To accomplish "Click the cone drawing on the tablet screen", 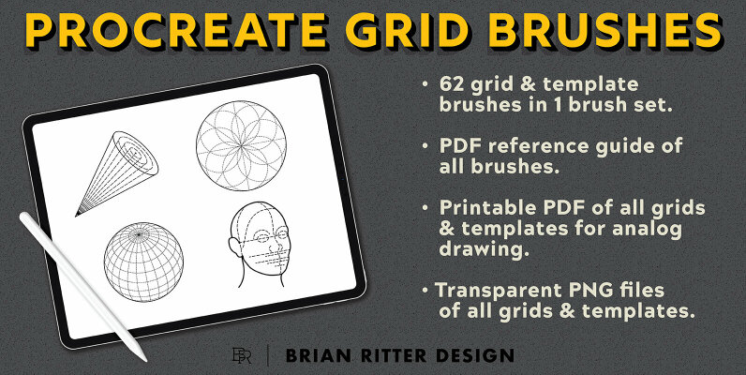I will coord(117,170).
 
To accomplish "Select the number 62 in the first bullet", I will coord(454,84).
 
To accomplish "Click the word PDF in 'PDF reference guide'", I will coord(461,147).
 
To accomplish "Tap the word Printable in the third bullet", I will coord(485,207).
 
